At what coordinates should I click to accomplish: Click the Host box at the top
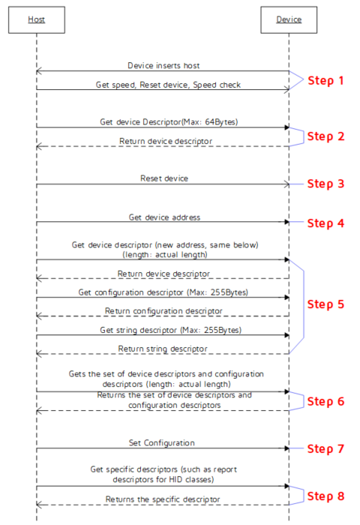[37, 19]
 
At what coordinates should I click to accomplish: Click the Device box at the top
[289, 19]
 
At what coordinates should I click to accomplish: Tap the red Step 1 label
[325, 81]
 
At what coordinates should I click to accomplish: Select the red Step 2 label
[325, 136]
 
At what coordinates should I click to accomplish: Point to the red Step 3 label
[325, 184]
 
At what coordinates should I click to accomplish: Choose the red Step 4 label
[325, 223]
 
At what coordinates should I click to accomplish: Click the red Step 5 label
[325, 304]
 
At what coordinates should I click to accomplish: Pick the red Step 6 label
[325, 401]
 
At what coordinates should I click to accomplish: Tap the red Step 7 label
[325, 448]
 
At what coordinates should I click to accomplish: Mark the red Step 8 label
[325, 496]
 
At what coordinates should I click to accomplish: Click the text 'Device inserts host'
[163, 66]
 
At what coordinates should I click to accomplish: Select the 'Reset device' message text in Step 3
[164, 178]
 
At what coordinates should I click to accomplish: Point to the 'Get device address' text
[164, 217]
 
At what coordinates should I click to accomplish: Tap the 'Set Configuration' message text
[162, 443]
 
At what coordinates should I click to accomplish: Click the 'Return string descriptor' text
[163, 349]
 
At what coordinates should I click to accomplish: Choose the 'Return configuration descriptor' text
[163, 311]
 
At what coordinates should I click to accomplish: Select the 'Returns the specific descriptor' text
[163, 499]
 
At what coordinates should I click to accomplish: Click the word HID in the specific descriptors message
[175, 479]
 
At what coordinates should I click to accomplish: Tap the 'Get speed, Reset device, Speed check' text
[168, 85]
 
